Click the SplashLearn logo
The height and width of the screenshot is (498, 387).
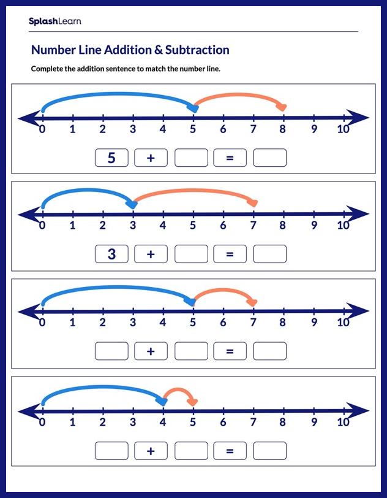point(54,21)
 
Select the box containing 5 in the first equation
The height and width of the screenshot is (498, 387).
point(111,158)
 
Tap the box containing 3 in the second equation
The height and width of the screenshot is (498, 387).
point(111,254)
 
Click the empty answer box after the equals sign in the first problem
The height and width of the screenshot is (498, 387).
point(269,158)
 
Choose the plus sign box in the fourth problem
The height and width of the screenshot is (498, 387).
point(151,451)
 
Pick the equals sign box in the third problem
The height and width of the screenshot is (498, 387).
point(230,351)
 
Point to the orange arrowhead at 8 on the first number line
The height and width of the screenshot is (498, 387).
point(282,108)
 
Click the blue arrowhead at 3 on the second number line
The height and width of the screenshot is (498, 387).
point(132,204)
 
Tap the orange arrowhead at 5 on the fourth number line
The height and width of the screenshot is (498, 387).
point(192,402)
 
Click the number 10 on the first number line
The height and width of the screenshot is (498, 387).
point(343,129)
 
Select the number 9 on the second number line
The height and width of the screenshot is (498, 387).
point(314,226)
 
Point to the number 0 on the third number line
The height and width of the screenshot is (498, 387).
point(42,323)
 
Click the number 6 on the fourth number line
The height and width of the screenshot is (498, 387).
point(223,423)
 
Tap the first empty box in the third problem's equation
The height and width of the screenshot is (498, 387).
point(111,351)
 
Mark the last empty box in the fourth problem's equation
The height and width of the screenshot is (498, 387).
point(269,451)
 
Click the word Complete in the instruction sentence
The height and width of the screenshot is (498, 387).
point(48,69)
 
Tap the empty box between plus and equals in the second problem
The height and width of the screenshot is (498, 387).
point(190,254)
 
